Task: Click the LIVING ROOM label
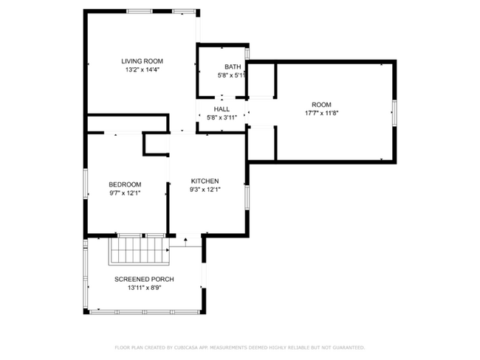(142, 61)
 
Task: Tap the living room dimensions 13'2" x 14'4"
(143, 69)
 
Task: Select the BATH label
(233, 66)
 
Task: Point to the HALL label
(222, 109)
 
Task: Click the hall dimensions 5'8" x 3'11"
(222, 117)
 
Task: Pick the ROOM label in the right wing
(321, 105)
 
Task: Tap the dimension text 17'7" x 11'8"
(321, 113)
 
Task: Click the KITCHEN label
(205, 181)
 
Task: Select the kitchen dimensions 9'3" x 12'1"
(205, 190)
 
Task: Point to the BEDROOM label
(125, 184)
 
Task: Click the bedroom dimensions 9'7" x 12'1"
(125, 193)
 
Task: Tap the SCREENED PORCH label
(144, 280)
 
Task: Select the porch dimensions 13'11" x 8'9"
(144, 288)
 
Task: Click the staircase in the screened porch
(139, 251)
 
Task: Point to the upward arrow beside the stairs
(185, 242)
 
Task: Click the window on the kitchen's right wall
(247, 197)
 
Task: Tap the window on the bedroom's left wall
(86, 184)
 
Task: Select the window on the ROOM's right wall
(394, 113)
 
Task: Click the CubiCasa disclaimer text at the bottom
(240, 347)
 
